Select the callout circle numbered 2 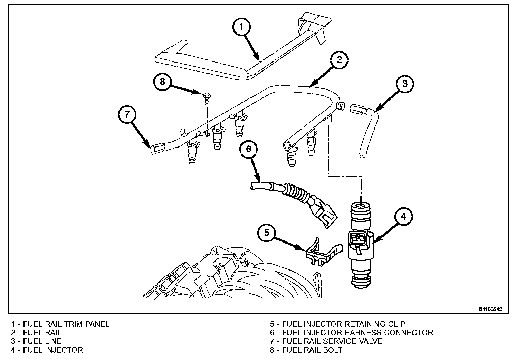pyautogui.click(x=339, y=60)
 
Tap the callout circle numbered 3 pyautogui.click(x=405, y=84)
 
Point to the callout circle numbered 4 pyautogui.click(x=404, y=217)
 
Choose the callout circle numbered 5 pyautogui.click(x=267, y=233)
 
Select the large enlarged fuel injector pyautogui.click(x=361, y=245)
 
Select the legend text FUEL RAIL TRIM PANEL pyautogui.click(x=66, y=324)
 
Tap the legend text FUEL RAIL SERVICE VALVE pyautogui.click(x=332, y=341)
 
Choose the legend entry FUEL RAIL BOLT pyautogui.click(x=312, y=350)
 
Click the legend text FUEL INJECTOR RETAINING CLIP pyautogui.click(x=343, y=324)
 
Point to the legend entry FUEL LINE pyautogui.click(x=42, y=341)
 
